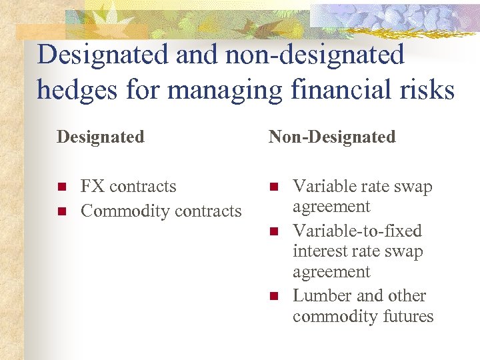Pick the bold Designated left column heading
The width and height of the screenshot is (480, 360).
[x=101, y=137]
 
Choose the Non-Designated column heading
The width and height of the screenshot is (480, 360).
[x=332, y=137]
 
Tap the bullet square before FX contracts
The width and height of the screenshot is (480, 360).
[x=62, y=187]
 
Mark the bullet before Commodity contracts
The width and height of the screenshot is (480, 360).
[x=62, y=211]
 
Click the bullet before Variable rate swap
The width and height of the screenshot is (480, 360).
[x=273, y=187]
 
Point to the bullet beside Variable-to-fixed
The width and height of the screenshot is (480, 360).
[x=273, y=231]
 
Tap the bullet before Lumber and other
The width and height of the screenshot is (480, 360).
[x=273, y=296]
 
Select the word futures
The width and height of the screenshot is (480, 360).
[x=407, y=317]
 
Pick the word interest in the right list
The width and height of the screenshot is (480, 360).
[x=318, y=252]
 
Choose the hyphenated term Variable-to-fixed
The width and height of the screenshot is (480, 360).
[x=357, y=231]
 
